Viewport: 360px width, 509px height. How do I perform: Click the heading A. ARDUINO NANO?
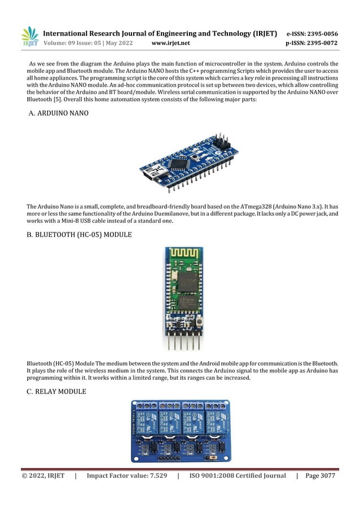click(x=58, y=113)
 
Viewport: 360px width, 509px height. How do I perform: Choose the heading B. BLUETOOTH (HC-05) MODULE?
click(x=80, y=234)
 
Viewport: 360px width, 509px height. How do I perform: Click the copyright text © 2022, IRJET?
click(x=43, y=476)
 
